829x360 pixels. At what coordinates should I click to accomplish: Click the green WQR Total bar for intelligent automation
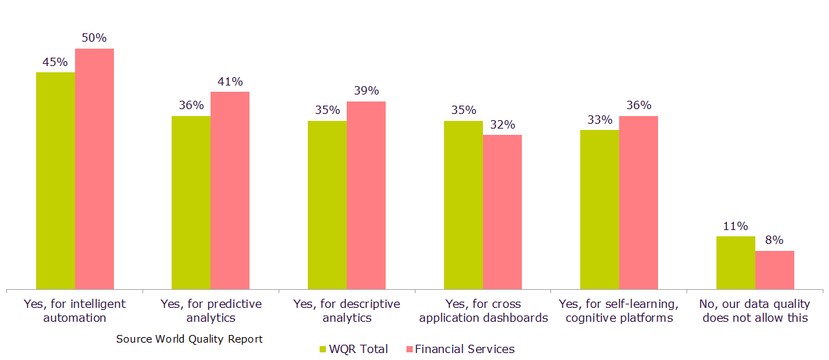pyautogui.click(x=56, y=180)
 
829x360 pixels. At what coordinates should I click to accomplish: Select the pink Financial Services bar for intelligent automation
pyautogui.click(x=95, y=168)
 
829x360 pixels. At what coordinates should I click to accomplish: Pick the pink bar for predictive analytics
pyautogui.click(x=230, y=190)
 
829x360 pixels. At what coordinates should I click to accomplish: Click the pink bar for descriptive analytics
pyautogui.click(x=366, y=195)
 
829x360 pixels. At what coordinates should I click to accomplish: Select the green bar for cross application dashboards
pyautogui.click(x=463, y=204)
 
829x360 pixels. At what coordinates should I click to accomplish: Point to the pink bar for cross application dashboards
pyautogui.click(x=502, y=211)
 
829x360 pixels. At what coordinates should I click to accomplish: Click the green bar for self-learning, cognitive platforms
pyautogui.click(x=600, y=208)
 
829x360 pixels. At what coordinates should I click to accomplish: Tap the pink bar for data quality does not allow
pyautogui.click(x=775, y=270)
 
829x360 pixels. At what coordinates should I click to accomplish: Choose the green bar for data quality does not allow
pyautogui.click(x=736, y=262)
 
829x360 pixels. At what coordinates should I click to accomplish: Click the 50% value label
pyautogui.click(x=94, y=38)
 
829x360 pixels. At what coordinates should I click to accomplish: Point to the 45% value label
pyautogui.click(x=55, y=61)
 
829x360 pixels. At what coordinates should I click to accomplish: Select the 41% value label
pyautogui.click(x=230, y=81)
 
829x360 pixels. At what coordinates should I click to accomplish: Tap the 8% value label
pyautogui.click(x=774, y=240)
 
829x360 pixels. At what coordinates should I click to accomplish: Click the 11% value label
pyautogui.click(x=735, y=226)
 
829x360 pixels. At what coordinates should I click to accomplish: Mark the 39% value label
pyautogui.click(x=366, y=90)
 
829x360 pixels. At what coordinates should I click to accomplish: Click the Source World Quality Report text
pyautogui.click(x=190, y=339)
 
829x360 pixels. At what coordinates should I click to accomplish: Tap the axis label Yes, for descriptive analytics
pyautogui.click(x=347, y=311)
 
